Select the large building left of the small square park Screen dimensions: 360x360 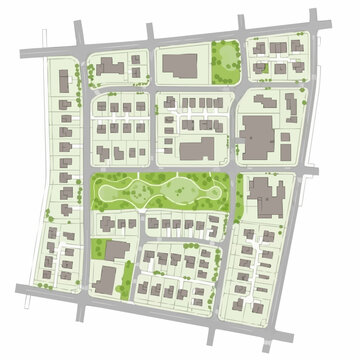[x=181, y=66]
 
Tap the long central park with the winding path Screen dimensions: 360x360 [x=160, y=190]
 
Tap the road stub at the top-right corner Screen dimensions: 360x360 [x=316, y=19]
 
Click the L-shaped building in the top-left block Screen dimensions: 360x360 [x=109, y=67]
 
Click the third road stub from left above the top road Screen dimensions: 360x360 [x=242, y=23]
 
